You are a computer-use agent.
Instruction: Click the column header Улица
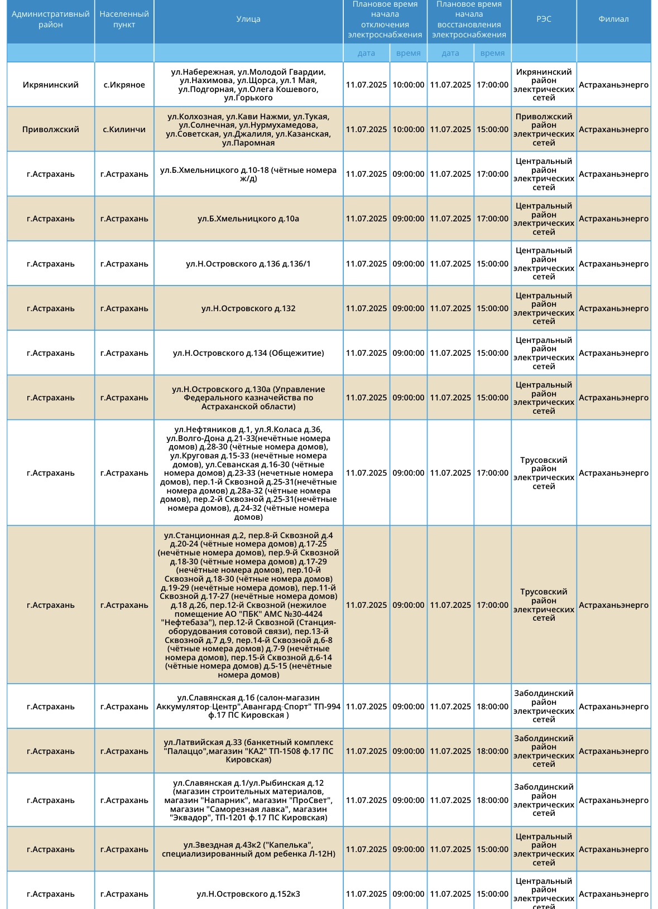coord(248,19)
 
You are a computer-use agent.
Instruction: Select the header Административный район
coord(51,20)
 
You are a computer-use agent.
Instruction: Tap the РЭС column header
coord(544,19)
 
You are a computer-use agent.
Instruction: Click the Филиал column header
coord(613,19)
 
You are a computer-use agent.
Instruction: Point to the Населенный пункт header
coord(124,20)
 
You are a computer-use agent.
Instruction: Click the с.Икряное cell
coord(124,85)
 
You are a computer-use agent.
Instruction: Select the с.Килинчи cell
coord(124,129)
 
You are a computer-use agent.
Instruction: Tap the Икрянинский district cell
coord(51,85)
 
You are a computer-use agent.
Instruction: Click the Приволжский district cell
coord(51,129)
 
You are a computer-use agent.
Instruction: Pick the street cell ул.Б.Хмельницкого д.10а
coord(248,219)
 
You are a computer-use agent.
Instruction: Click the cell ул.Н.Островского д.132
coord(248,308)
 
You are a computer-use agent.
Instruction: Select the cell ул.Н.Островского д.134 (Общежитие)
coord(248,353)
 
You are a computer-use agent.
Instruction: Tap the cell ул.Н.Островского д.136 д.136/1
coord(248,264)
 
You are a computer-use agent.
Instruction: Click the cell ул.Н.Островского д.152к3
coord(248,894)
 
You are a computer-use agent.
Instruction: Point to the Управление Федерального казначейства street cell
coord(248,398)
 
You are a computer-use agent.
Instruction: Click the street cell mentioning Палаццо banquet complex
coord(248,751)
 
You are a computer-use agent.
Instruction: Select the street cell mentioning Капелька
coord(248,849)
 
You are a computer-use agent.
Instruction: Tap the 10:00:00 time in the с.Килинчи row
coord(408,129)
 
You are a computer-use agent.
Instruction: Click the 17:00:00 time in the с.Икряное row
coord(492,85)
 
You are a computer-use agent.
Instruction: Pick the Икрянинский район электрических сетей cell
coord(544,85)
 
